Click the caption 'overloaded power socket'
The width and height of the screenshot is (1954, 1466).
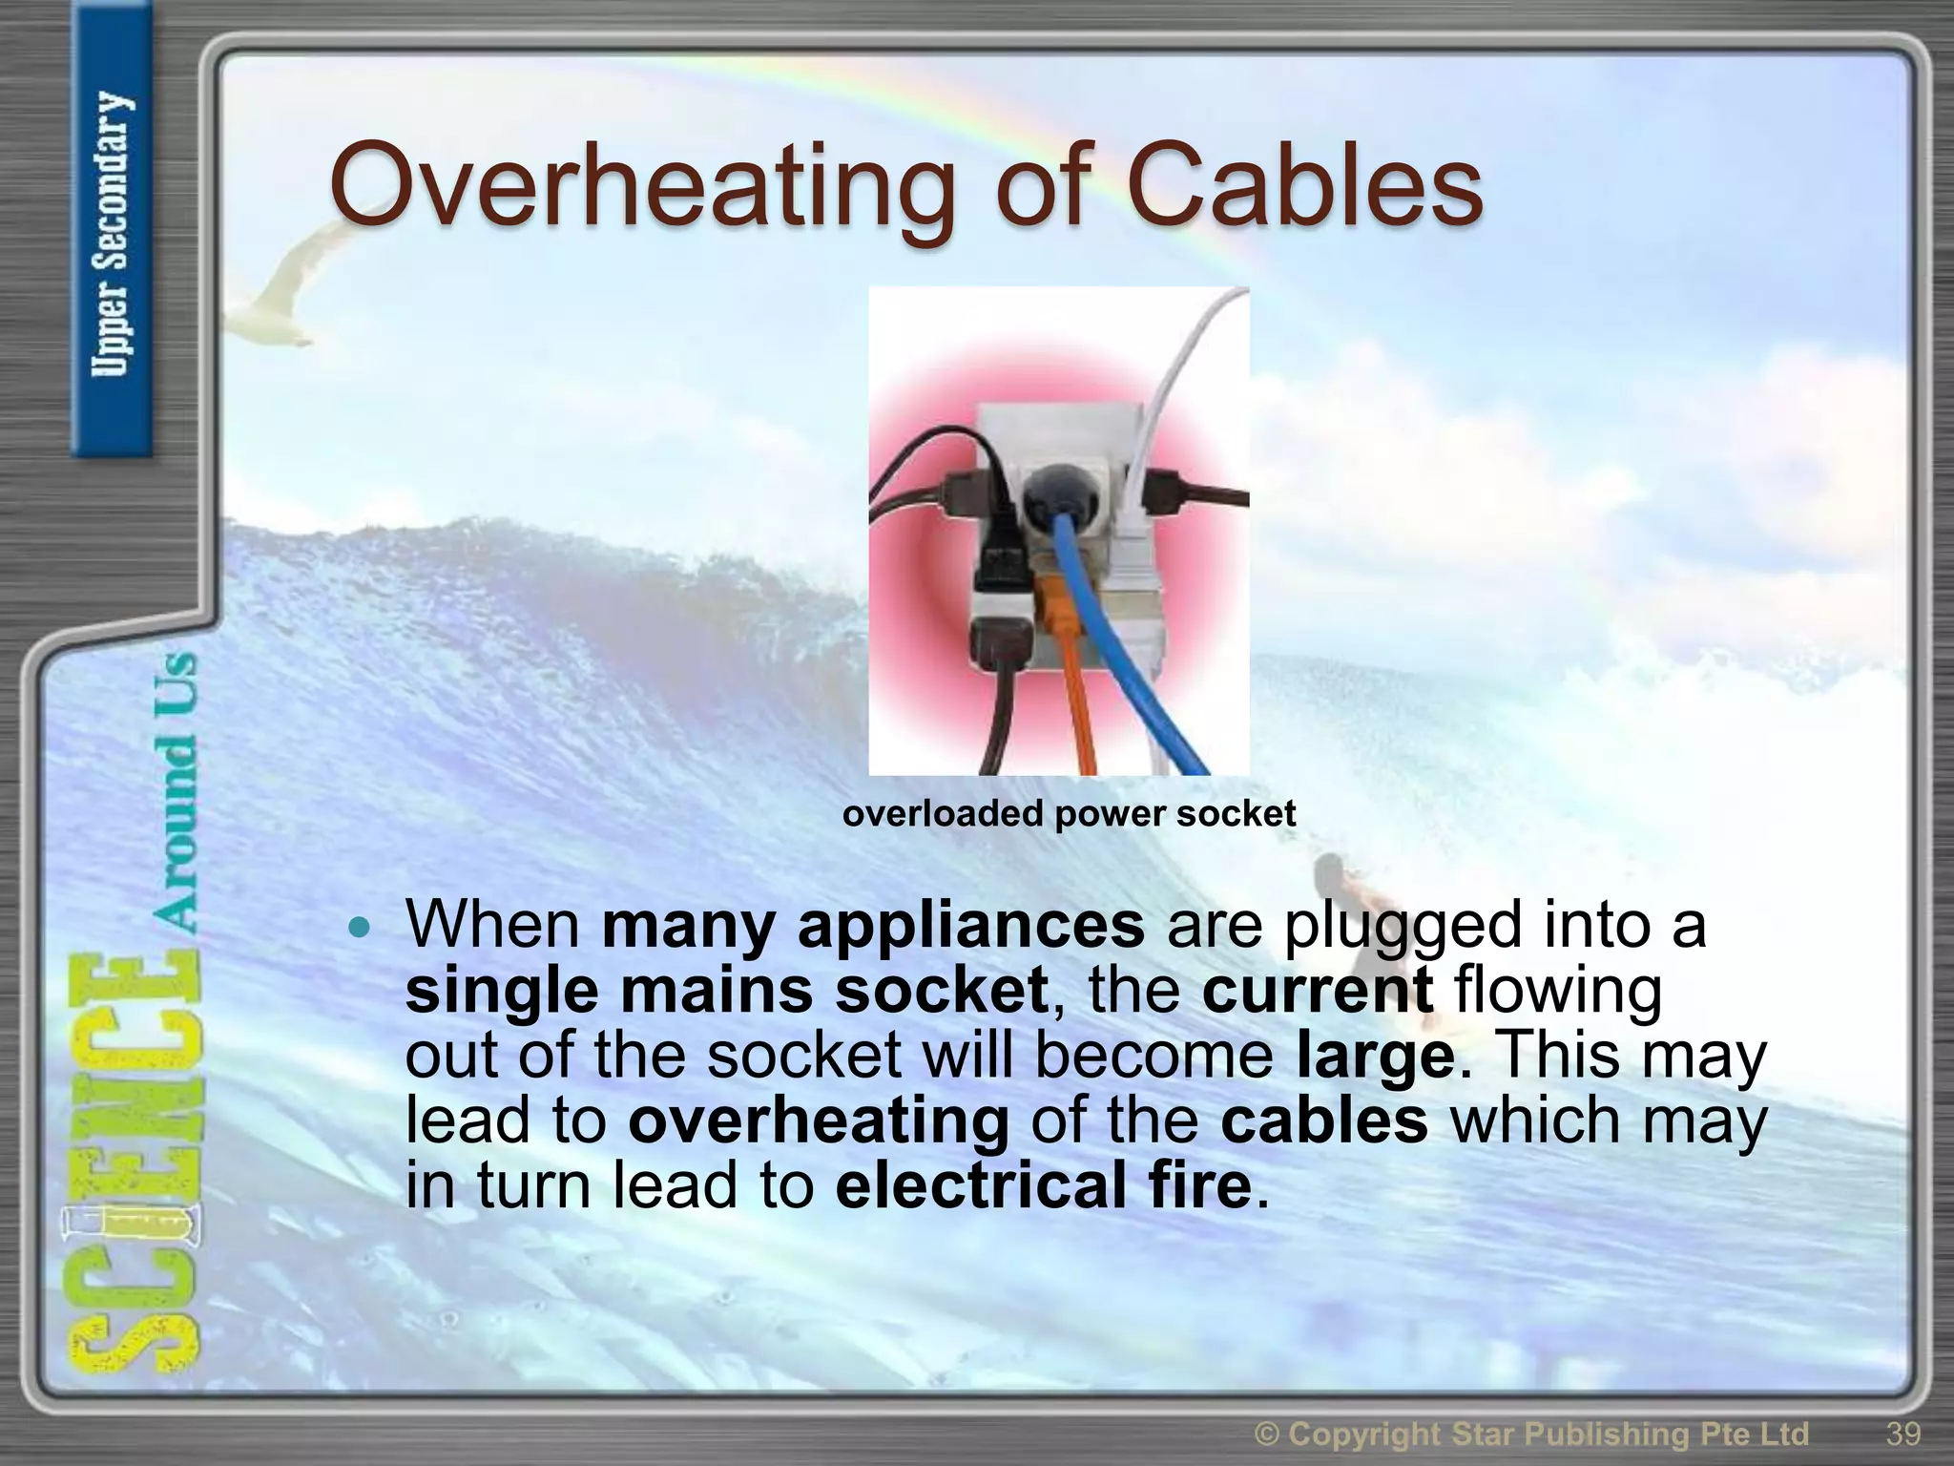coord(1069,814)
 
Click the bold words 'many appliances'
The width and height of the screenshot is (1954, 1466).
coord(872,925)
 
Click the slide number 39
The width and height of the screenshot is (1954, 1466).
coord(1902,1433)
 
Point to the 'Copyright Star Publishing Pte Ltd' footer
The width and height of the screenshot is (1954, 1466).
coord(1531,1434)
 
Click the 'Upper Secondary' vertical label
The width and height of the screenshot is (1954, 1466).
coord(112,234)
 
